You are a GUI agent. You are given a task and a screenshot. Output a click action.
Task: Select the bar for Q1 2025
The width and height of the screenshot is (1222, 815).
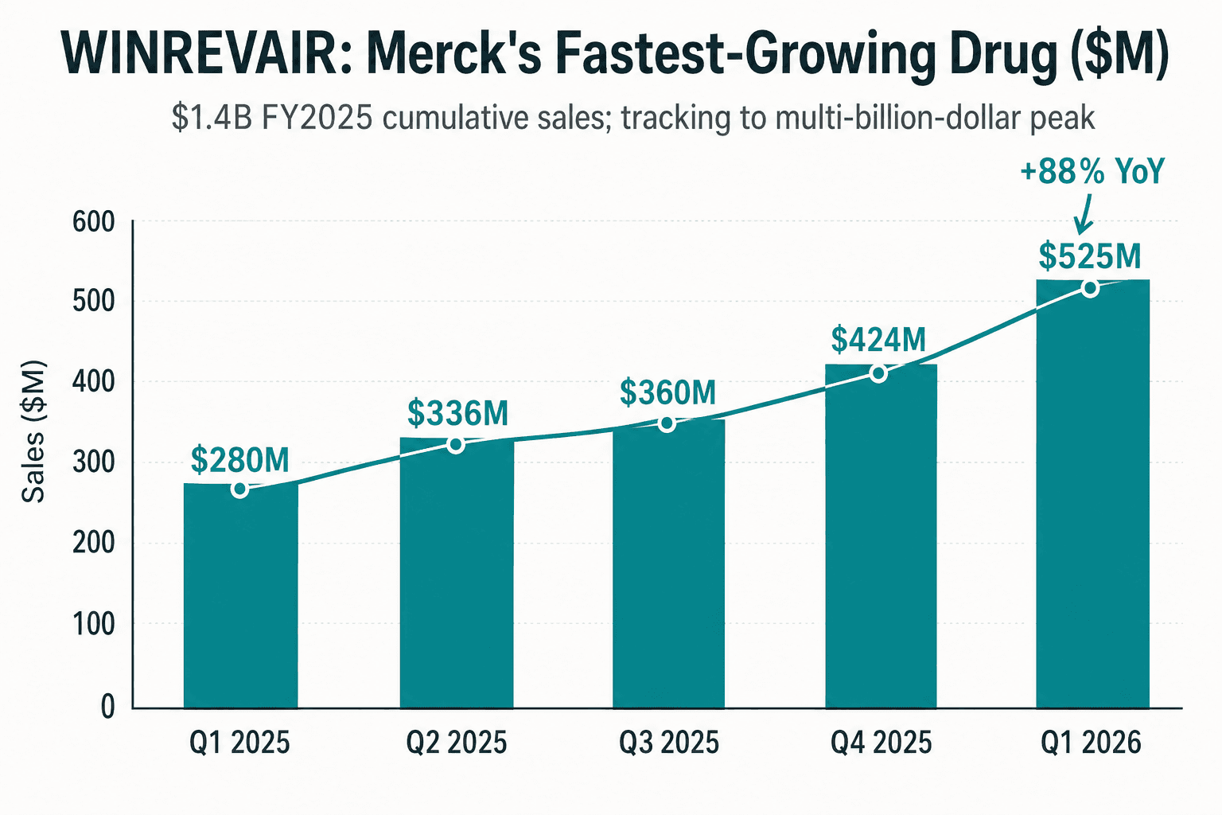240,595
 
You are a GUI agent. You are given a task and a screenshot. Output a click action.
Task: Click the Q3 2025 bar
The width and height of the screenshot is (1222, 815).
668,563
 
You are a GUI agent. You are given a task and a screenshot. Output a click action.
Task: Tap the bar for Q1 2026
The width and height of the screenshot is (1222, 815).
1092,494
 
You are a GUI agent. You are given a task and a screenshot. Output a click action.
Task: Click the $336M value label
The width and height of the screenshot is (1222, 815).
457,413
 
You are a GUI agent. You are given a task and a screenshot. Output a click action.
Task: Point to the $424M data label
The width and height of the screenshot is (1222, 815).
878,340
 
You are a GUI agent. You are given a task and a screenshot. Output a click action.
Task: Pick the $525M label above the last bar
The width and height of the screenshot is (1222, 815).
1090,256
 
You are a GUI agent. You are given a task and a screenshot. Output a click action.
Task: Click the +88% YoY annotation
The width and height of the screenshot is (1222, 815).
1092,171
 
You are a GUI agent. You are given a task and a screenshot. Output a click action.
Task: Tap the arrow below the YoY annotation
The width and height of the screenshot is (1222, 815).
1084,214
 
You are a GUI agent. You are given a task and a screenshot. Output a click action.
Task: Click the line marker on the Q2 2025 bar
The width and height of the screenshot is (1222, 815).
456,445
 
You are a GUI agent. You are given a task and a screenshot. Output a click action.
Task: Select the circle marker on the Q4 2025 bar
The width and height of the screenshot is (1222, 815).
878,374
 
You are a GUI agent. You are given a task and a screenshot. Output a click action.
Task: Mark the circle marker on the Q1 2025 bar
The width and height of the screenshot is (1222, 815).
240,489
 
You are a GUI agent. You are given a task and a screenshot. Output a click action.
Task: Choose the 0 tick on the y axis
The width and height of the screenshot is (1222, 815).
108,708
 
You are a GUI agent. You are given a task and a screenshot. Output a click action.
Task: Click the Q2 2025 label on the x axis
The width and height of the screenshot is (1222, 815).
457,743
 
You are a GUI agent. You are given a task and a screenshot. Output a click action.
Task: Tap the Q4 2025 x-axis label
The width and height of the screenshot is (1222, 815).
881,743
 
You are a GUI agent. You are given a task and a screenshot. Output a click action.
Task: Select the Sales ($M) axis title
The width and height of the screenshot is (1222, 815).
33,431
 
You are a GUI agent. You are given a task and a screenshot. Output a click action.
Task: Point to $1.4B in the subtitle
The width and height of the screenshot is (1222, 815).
212,119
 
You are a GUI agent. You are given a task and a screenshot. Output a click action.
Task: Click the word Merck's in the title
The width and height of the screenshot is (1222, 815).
453,55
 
